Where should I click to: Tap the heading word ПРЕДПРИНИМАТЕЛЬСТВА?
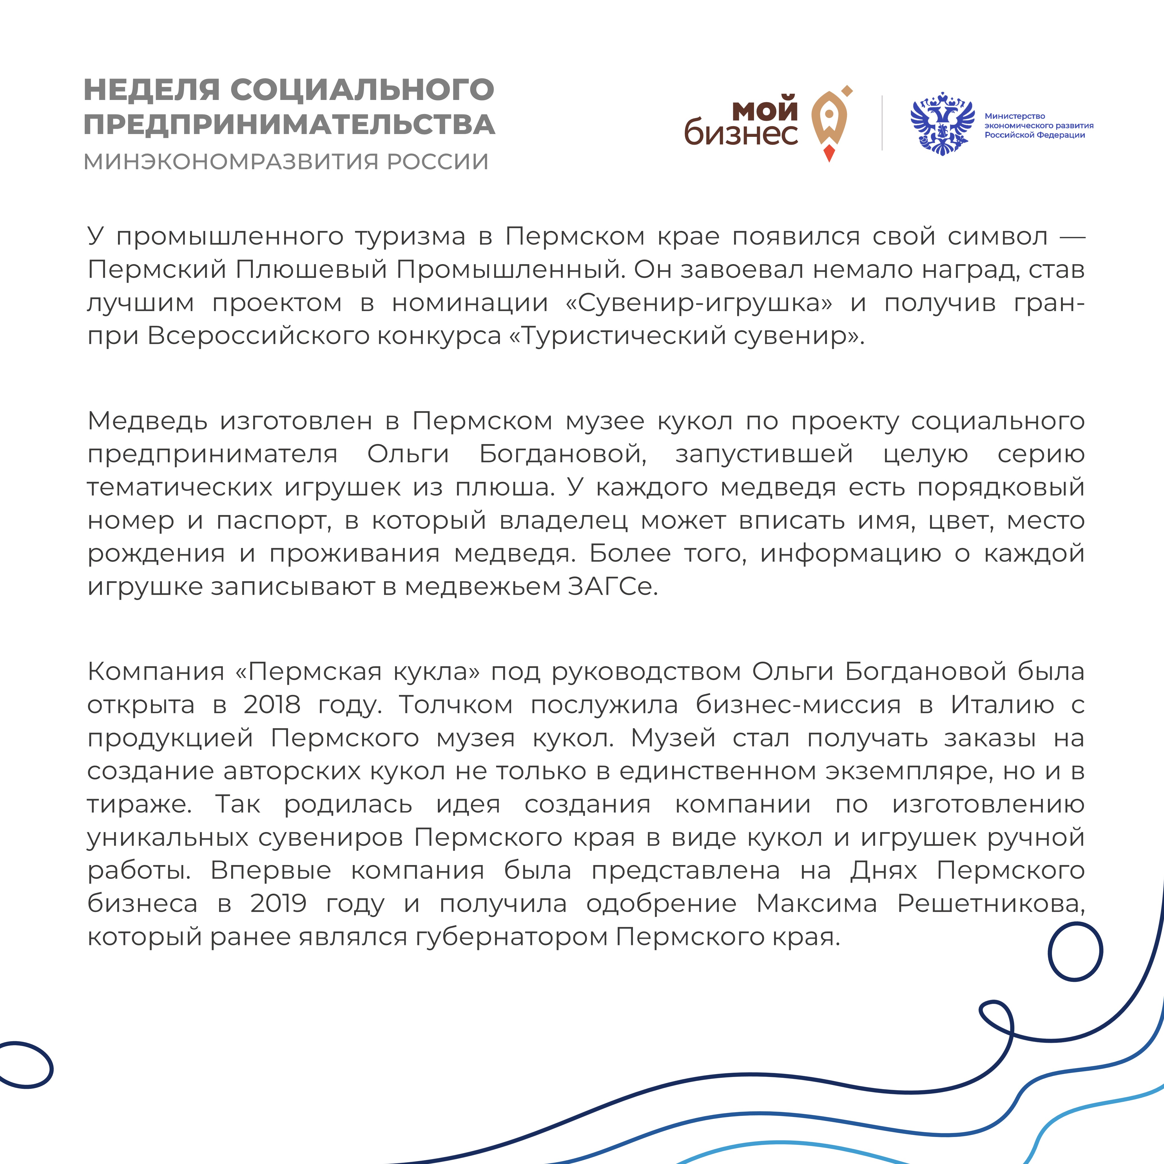pyautogui.click(x=289, y=125)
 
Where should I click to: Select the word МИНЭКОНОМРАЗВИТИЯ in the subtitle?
pyautogui.click(x=230, y=161)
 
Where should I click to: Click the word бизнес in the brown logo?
pyautogui.click(x=741, y=133)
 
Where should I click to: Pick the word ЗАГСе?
pyautogui.click(x=612, y=586)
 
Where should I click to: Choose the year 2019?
pyautogui.click(x=278, y=903)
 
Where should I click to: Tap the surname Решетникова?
pyautogui.click(x=991, y=903)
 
